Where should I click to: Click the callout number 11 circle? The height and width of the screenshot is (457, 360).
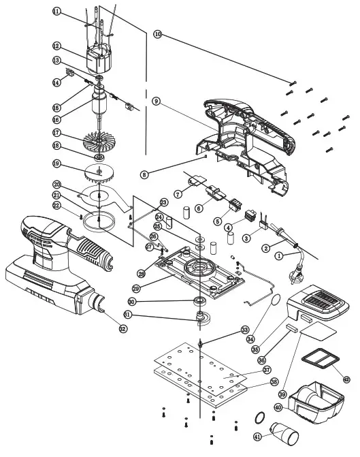pos(56,12)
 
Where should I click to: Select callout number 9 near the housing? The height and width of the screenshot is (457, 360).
pos(156,101)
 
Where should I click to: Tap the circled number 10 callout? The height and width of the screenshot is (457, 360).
pos(157,33)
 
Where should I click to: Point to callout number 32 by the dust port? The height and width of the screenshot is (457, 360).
pos(122,329)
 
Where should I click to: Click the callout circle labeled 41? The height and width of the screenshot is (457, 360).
pos(257,437)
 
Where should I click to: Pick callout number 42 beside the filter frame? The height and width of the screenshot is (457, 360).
pos(347,379)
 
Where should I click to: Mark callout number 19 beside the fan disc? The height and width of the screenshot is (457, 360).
pos(56,163)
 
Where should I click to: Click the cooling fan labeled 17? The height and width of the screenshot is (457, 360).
pos(99,143)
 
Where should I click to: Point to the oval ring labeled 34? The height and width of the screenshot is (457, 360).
pos(273,300)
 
